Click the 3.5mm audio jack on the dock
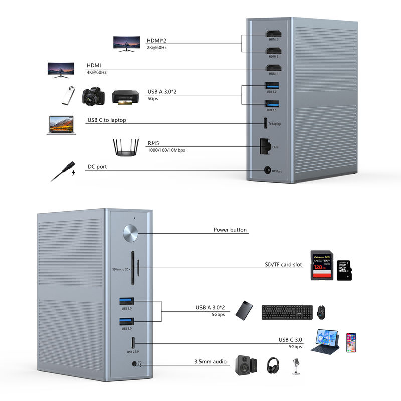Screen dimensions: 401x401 tap(134, 364)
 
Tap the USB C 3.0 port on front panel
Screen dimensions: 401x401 tap(133, 343)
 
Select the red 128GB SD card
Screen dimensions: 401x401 tap(322, 265)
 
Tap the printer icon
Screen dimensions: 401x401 tap(125, 97)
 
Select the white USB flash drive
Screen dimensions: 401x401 tap(67, 95)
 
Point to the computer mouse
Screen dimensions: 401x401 tap(322, 312)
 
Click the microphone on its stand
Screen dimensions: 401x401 tap(296, 366)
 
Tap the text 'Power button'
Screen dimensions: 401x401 tap(230, 230)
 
